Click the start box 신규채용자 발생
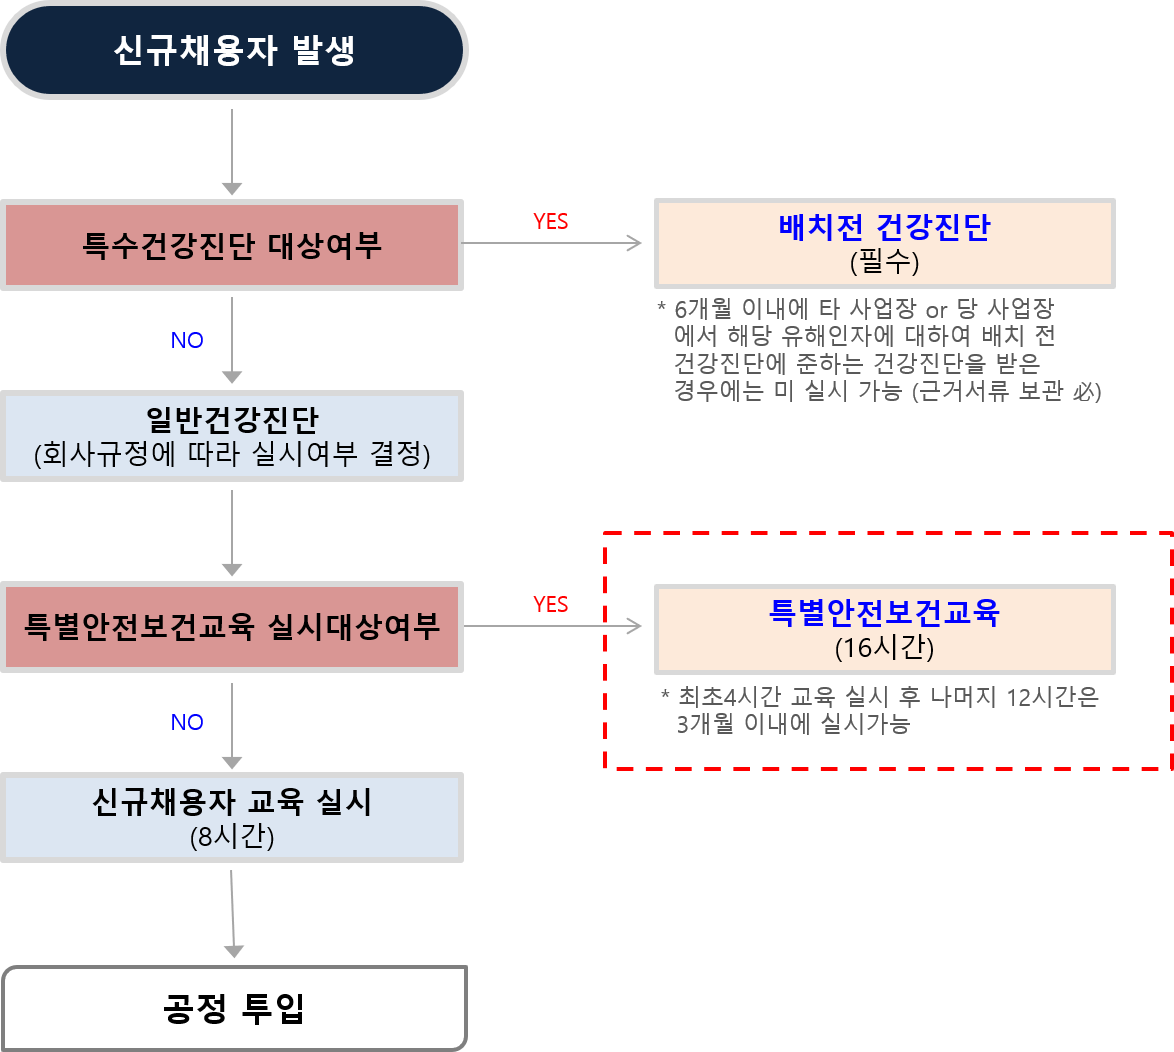coord(234,50)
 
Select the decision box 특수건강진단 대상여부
coord(232,245)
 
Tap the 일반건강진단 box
coord(232,436)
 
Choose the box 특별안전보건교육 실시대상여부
coord(232,627)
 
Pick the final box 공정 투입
coord(234,1008)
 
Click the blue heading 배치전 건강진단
coord(884,228)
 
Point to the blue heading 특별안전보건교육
coord(884,612)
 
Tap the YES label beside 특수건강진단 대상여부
coord(550,222)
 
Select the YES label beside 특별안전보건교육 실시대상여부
coord(550,604)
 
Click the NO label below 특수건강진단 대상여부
coord(187,340)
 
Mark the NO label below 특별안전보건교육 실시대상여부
coord(187,722)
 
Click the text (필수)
coord(884,262)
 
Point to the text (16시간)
coord(884,648)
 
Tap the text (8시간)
coord(232,836)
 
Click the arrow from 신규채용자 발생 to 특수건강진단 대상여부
coord(232,150)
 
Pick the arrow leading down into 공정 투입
coord(232,915)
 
